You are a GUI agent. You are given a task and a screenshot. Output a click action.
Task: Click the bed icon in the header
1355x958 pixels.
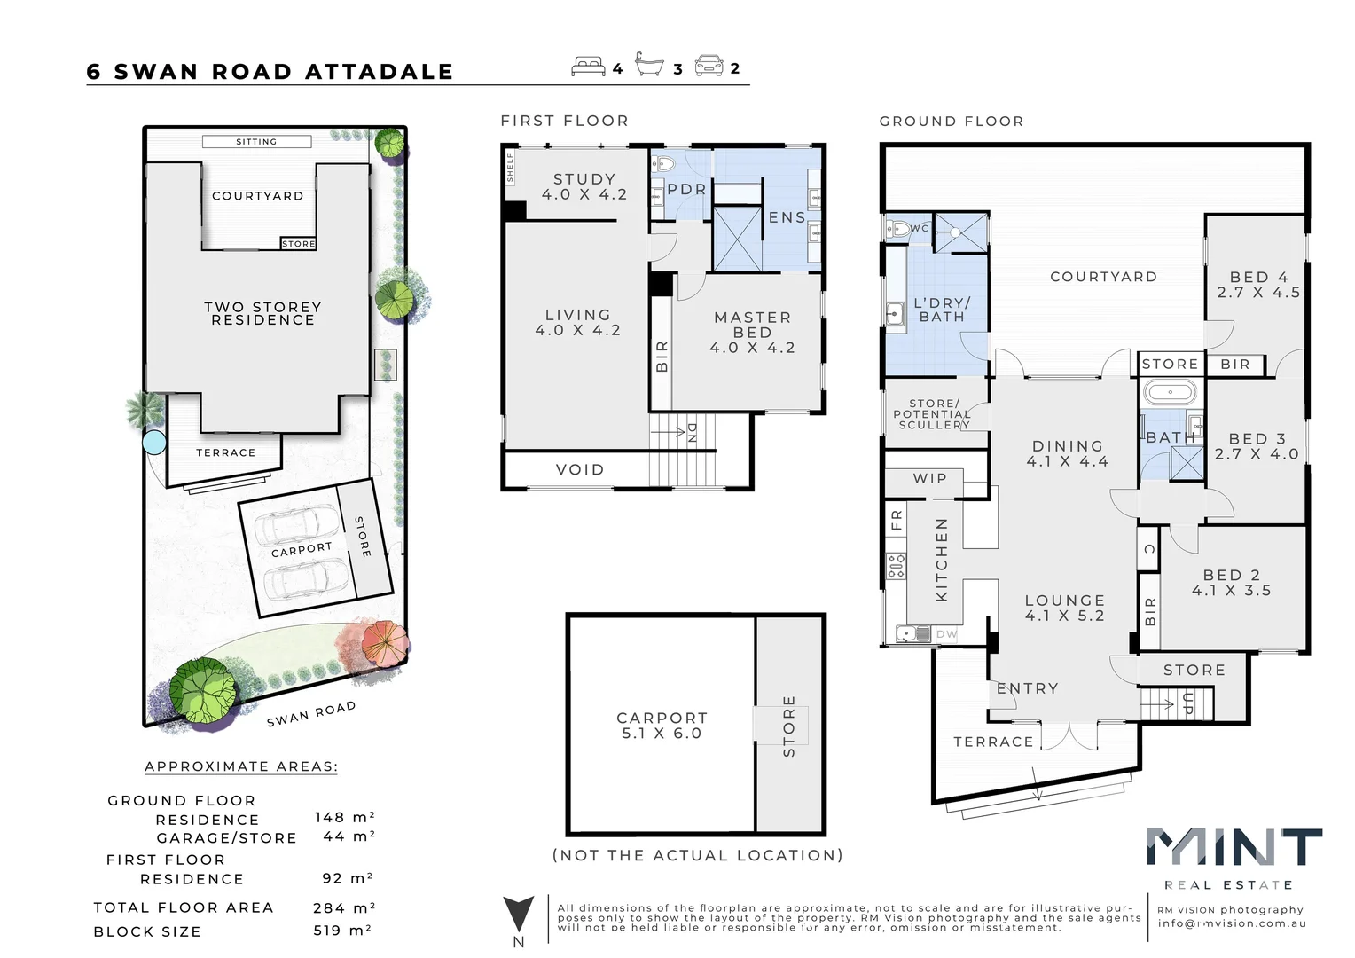tap(589, 67)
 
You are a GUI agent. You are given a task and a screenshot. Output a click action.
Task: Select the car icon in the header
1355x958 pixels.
tap(709, 66)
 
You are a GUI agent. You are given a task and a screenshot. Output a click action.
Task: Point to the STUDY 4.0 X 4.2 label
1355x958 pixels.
tap(584, 186)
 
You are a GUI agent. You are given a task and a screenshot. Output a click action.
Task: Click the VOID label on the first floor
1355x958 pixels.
tap(580, 469)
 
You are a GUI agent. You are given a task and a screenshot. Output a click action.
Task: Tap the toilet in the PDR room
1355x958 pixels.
tap(663, 163)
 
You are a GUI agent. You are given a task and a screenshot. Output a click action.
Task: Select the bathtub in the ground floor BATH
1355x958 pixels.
tap(1170, 391)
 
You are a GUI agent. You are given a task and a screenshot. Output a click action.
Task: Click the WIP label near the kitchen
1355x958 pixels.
tap(930, 478)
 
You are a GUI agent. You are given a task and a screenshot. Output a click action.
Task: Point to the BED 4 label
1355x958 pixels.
tap(1258, 284)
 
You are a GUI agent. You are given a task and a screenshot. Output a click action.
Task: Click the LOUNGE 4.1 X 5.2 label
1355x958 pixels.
tap(1065, 608)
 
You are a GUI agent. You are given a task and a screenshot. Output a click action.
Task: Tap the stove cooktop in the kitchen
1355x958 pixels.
tap(897, 565)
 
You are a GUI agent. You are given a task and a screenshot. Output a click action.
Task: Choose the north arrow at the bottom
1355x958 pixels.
tap(519, 915)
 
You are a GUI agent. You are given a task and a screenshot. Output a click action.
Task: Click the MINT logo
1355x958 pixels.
tap(1234, 848)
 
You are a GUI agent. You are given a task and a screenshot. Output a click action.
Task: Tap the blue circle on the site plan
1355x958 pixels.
tap(154, 441)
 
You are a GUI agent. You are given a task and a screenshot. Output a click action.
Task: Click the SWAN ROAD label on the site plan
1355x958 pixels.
tap(311, 713)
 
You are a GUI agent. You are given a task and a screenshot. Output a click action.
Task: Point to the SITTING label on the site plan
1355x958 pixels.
tap(256, 141)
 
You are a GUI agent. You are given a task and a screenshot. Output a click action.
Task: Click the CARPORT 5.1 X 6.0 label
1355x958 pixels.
tap(662, 725)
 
